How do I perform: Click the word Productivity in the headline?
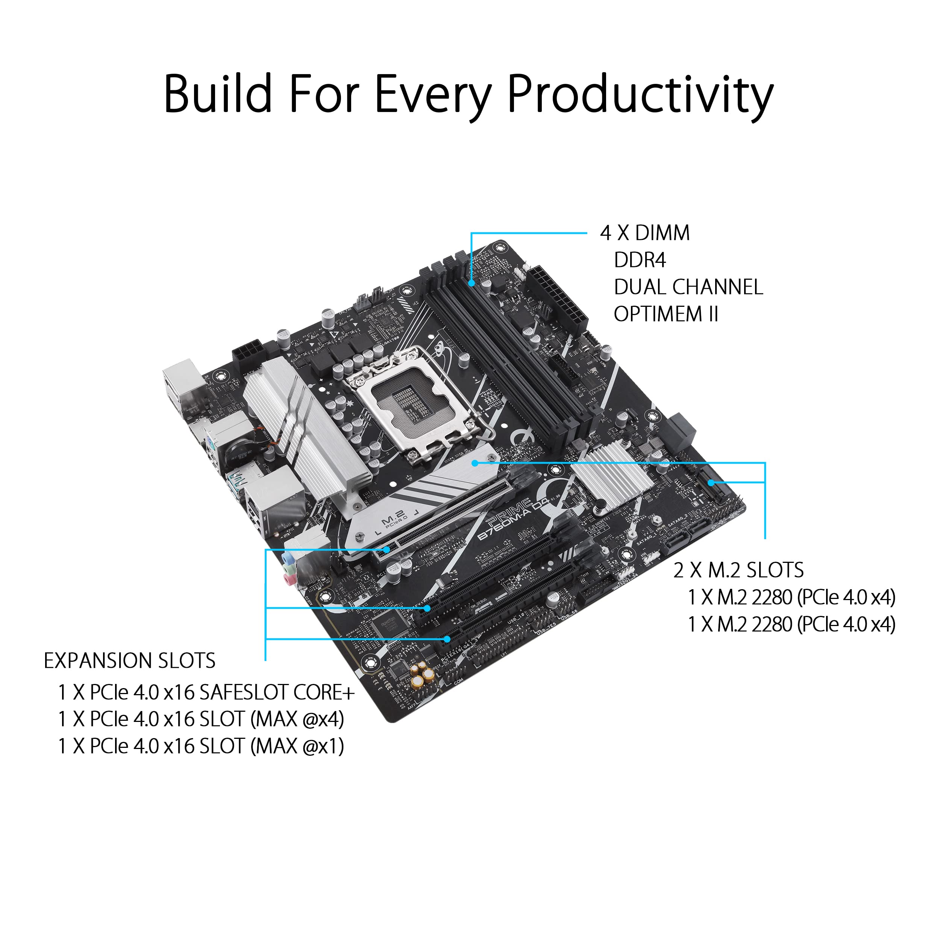(640, 95)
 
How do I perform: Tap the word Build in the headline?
(217, 94)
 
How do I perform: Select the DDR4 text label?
(639, 260)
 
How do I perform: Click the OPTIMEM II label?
(666, 314)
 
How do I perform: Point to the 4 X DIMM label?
(645, 233)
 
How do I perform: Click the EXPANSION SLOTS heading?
(129, 661)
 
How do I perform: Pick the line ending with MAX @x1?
(200, 746)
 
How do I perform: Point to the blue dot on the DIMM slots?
(472, 283)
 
